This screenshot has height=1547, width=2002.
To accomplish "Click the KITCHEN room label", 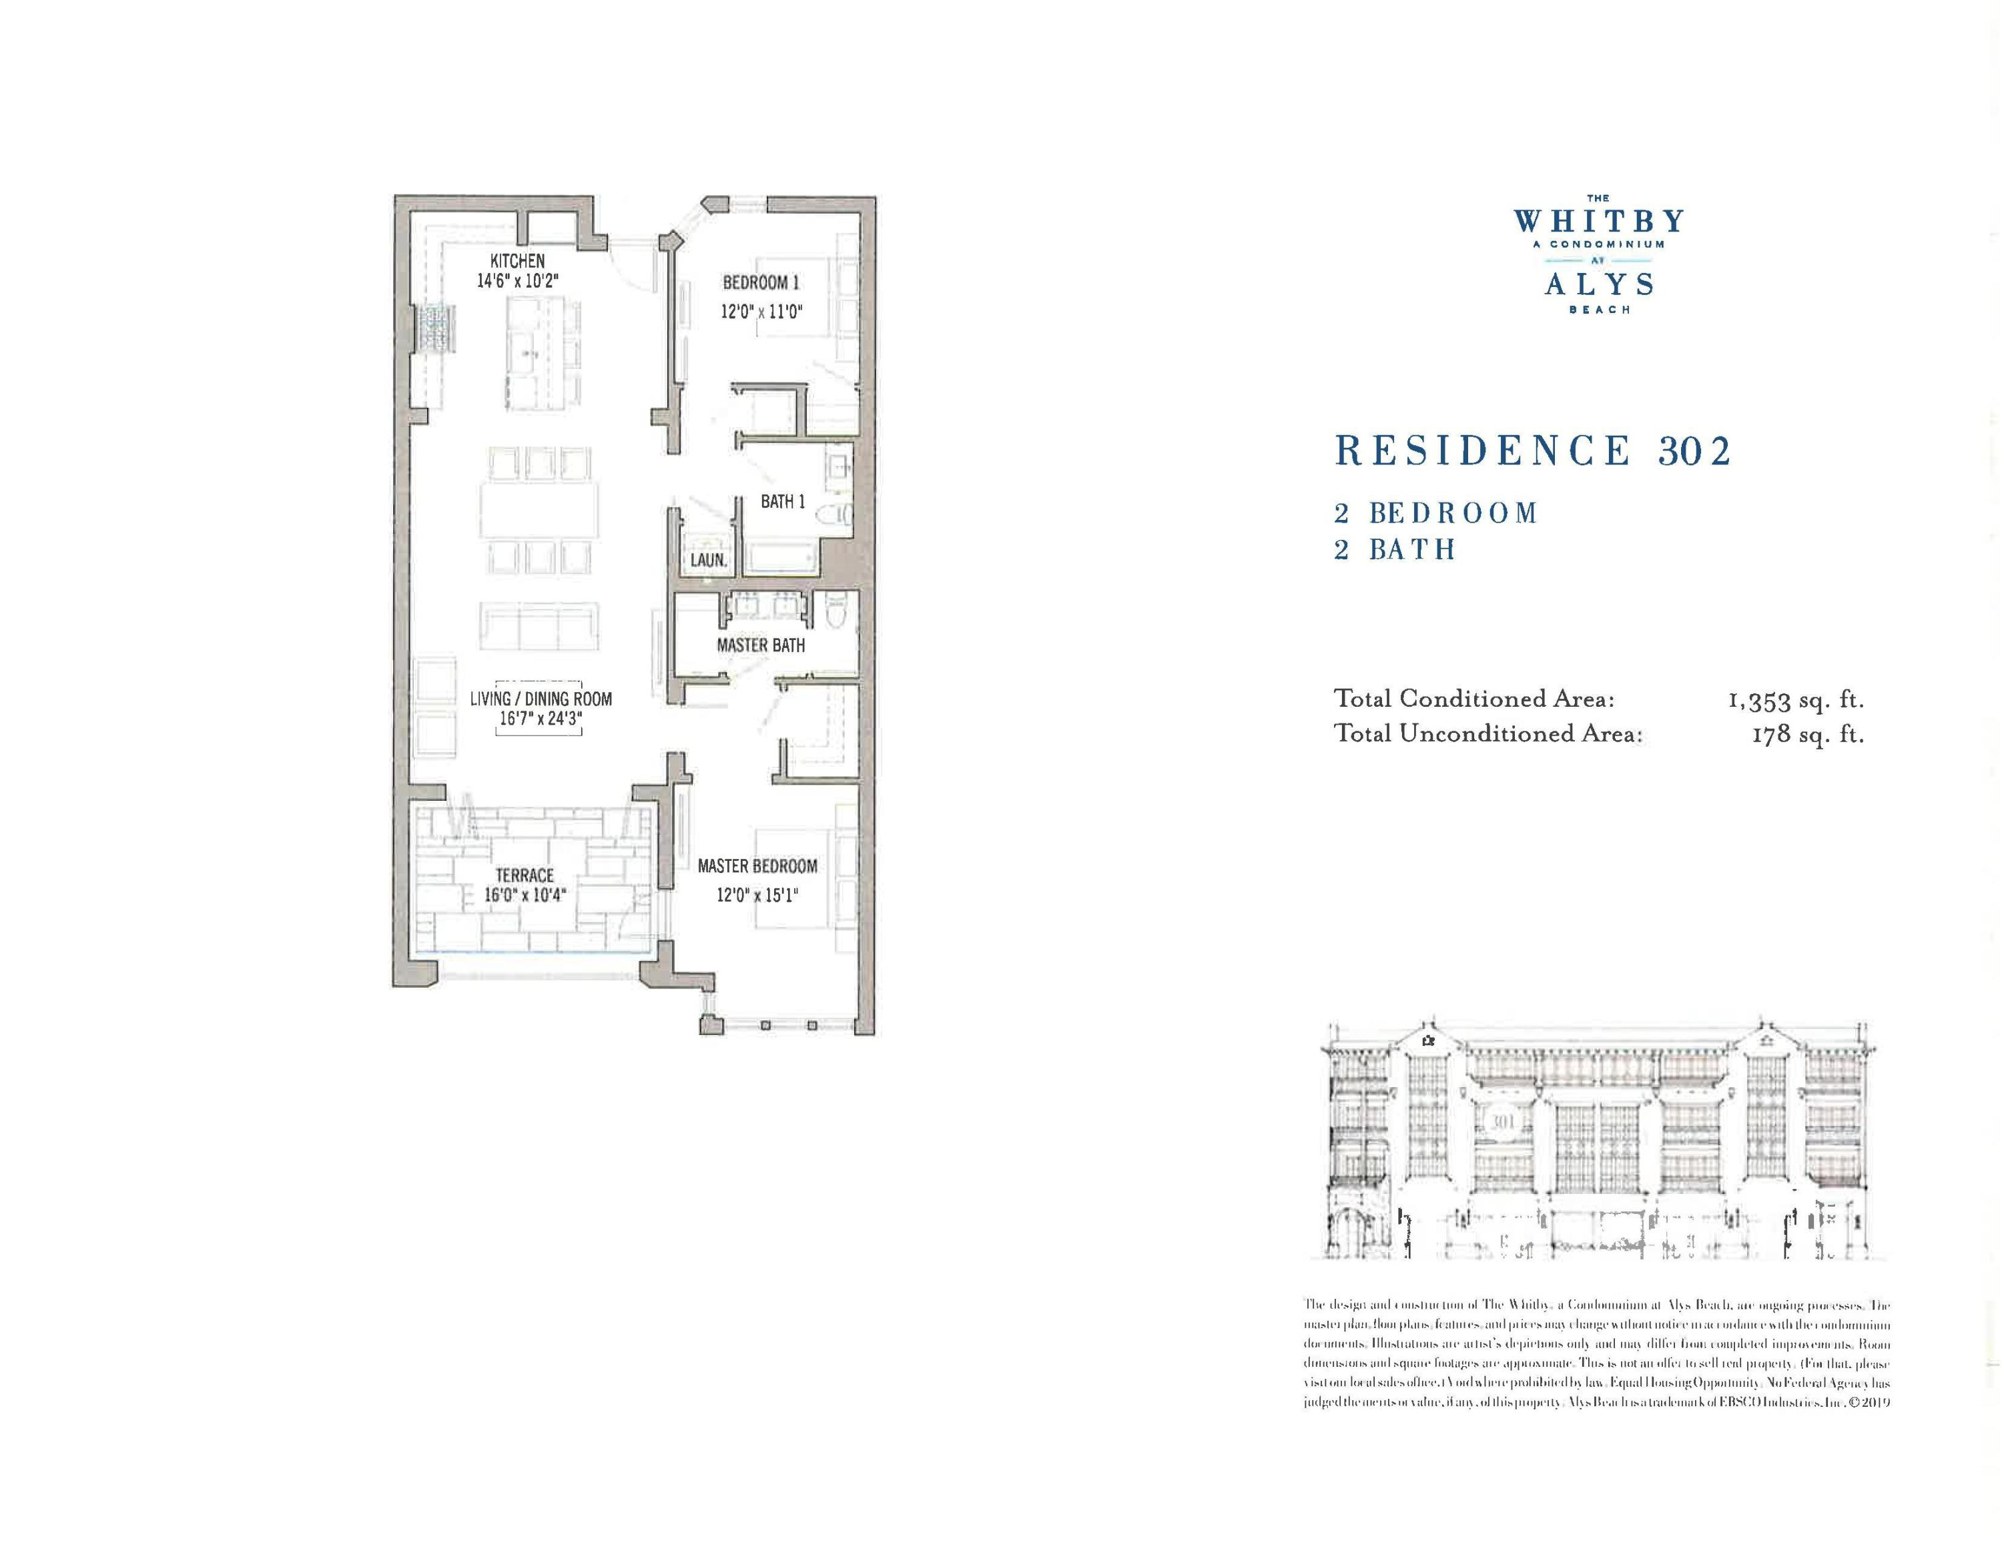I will (x=517, y=261).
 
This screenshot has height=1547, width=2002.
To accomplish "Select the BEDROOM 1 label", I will (x=761, y=282).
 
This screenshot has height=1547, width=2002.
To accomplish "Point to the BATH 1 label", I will (x=783, y=501).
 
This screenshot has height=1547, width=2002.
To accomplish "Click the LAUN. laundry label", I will (x=707, y=559).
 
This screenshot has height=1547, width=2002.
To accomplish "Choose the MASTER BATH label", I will (x=761, y=645).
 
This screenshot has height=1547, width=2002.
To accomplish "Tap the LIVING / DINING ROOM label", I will (x=541, y=698).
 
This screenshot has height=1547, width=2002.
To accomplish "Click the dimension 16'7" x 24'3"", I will (x=541, y=719).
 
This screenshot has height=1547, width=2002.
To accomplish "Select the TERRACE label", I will (x=525, y=875).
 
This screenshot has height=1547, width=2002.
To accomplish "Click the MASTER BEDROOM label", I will (x=757, y=866).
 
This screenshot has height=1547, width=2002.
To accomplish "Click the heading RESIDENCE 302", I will (x=1533, y=451).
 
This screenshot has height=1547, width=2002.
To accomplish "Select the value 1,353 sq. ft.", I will (x=1796, y=700).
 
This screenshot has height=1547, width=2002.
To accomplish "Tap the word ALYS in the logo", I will (x=1600, y=285).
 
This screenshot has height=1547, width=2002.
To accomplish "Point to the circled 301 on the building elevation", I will (x=1499, y=1122).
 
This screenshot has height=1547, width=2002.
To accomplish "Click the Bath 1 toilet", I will (x=837, y=516).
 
